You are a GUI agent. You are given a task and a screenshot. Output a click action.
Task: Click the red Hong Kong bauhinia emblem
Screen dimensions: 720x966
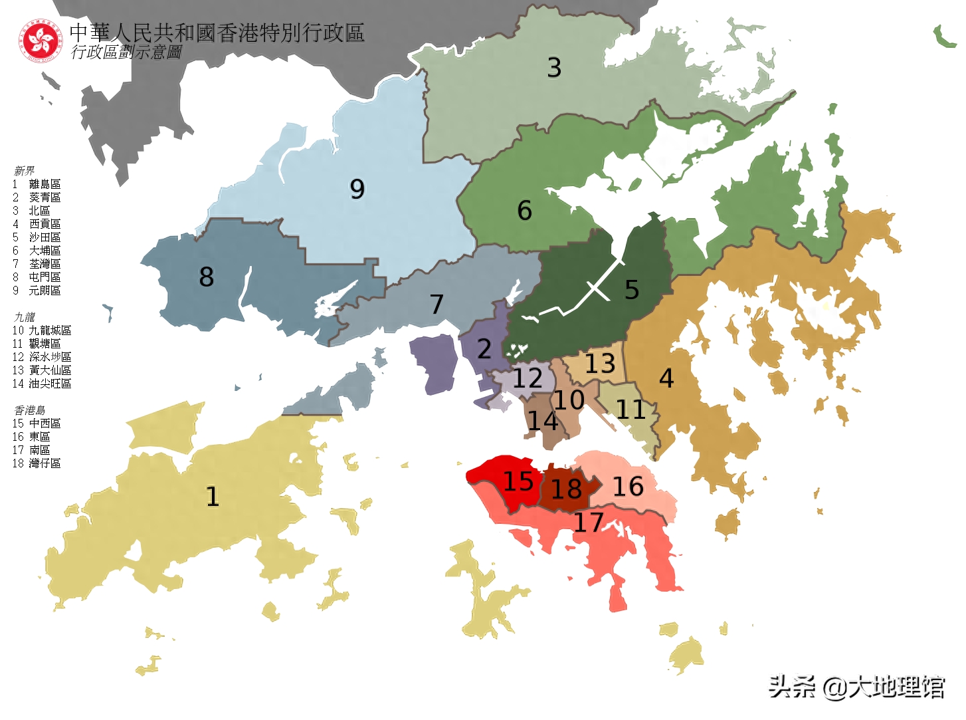(41, 41)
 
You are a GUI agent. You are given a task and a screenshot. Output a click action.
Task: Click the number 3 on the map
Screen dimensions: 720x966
(554, 68)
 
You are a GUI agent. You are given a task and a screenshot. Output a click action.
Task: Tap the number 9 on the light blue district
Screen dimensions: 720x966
(357, 189)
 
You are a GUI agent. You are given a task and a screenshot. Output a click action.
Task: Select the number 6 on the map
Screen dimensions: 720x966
(524, 211)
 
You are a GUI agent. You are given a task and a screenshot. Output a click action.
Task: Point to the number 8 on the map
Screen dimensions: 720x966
(207, 277)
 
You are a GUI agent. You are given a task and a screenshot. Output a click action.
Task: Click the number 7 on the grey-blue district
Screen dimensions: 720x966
(436, 304)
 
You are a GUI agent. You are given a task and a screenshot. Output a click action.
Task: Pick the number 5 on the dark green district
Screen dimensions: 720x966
(632, 290)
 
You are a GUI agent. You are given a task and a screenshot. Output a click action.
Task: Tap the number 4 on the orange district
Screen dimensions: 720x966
(666, 378)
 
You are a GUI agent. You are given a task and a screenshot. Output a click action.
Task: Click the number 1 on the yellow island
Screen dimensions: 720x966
(213, 497)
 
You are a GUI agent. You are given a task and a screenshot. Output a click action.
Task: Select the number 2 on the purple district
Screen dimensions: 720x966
(484, 349)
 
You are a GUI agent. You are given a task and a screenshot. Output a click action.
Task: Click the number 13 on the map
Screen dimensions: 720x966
(600, 364)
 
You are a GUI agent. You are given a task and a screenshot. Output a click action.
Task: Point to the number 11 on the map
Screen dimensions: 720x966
(630, 410)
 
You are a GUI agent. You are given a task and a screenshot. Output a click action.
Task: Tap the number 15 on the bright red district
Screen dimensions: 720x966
(518, 481)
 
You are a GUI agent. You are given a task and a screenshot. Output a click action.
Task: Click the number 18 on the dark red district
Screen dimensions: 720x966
(567, 489)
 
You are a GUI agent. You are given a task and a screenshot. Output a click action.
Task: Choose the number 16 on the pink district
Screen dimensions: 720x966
(628, 487)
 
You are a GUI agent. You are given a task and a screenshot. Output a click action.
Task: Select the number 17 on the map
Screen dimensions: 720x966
(589, 523)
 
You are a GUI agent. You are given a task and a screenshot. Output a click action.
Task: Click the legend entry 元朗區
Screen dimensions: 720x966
(45, 291)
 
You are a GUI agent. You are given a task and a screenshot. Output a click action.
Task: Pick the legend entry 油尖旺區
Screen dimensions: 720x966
(50, 384)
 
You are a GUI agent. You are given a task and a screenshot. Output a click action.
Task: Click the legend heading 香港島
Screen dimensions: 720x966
(30, 410)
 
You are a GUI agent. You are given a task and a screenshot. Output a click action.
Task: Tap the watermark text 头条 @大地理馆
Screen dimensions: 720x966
(856, 687)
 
